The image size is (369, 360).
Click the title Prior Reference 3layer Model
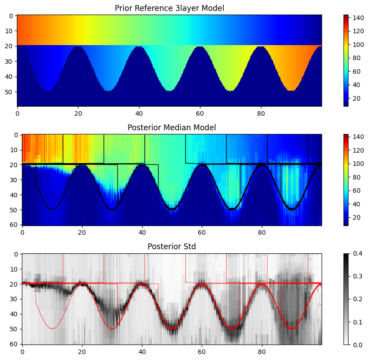click(169, 8)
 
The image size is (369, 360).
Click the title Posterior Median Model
click(172, 127)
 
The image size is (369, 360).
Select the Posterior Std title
click(172, 247)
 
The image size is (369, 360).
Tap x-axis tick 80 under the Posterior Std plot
click(261, 351)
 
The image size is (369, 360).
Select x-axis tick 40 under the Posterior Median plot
click(142, 232)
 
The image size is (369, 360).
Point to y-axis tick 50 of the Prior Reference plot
click(10, 92)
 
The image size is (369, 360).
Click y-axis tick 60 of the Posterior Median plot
click(15, 225)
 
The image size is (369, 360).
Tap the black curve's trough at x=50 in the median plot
click(172, 209)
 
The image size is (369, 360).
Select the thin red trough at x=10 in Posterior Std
click(52, 328)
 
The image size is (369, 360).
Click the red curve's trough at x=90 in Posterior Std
click(292, 328)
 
